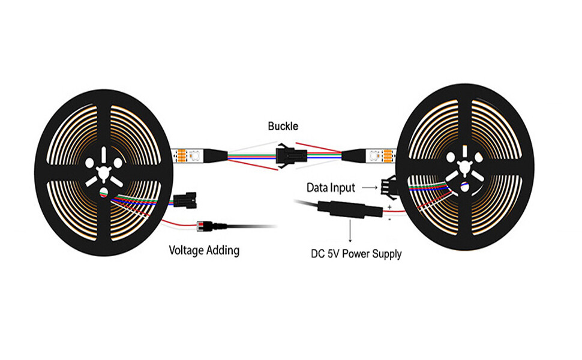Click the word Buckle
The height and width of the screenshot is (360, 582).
tap(283, 126)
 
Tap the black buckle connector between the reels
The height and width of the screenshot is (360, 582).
tap(286, 155)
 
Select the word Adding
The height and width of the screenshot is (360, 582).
tap(223, 250)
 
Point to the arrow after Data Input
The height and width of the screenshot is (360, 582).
tap(370, 188)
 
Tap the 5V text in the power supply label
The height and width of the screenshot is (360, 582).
tap(333, 254)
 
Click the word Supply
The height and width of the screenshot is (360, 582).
tap(387, 254)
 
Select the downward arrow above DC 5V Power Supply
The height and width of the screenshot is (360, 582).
tap(350, 230)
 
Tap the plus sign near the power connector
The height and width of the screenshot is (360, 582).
tap(389, 207)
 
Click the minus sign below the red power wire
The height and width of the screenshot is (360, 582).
tap(389, 220)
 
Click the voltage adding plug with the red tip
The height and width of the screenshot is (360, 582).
tap(212, 225)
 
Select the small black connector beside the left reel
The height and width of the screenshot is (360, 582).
tap(185, 201)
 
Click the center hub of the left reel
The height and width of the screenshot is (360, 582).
tap(104, 172)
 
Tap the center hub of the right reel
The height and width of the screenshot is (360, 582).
tap(464, 168)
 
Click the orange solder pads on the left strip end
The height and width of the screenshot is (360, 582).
tap(182, 156)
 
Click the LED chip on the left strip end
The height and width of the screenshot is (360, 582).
tap(194, 156)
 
